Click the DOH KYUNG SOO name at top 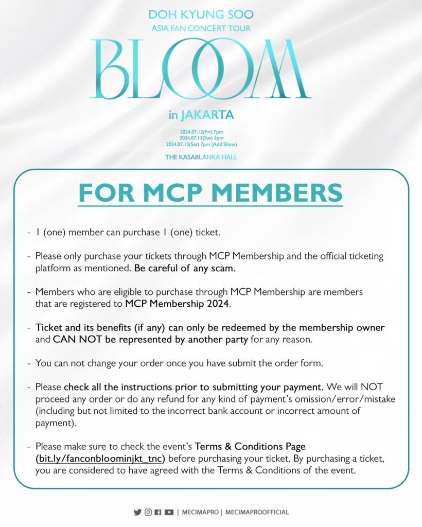click(x=201, y=15)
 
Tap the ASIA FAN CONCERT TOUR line click(x=201, y=28)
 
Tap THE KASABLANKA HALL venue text click(x=201, y=156)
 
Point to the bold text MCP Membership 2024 click(x=178, y=304)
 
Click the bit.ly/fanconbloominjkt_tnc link click(x=101, y=459)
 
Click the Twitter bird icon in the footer click(x=137, y=512)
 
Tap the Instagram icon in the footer click(x=148, y=512)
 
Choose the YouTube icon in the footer click(x=169, y=512)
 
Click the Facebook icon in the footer click(x=158, y=512)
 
